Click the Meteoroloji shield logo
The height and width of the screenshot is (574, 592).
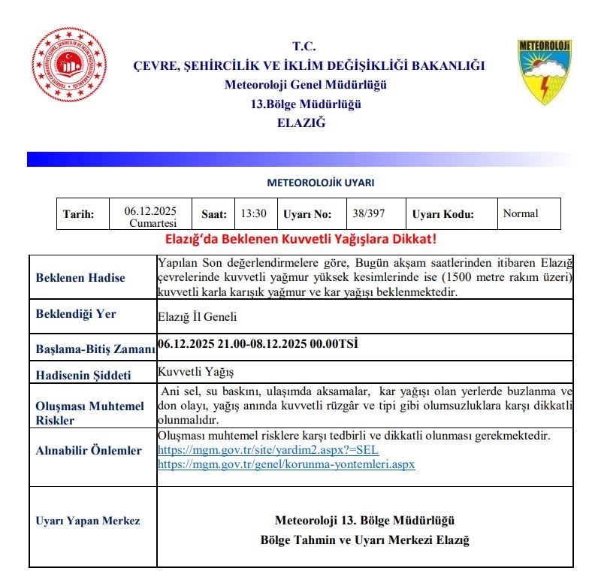(544, 72)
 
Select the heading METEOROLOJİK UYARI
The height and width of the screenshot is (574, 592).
(320, 183)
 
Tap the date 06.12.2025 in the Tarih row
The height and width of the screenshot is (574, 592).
(150, 211)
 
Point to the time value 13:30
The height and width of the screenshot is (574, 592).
(253, 213)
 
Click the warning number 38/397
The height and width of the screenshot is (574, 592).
(368, 213)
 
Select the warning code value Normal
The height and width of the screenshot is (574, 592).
(521, 213)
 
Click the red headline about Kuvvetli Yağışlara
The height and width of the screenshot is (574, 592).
(301, 240)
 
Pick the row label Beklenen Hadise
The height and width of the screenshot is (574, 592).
(80, 278)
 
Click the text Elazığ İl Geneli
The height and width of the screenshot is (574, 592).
(197, 317)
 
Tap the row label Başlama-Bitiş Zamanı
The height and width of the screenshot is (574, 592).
(95, 349)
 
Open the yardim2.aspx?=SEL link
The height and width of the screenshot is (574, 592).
(267, 450)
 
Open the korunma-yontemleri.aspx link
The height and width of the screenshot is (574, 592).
(285, 464)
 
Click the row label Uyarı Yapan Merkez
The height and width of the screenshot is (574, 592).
(87, 521)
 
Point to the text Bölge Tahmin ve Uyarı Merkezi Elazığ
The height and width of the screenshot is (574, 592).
(364, 540)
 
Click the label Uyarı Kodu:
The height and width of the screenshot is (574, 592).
(443, 214)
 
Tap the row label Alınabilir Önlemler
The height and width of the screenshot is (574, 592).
(89, 451)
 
